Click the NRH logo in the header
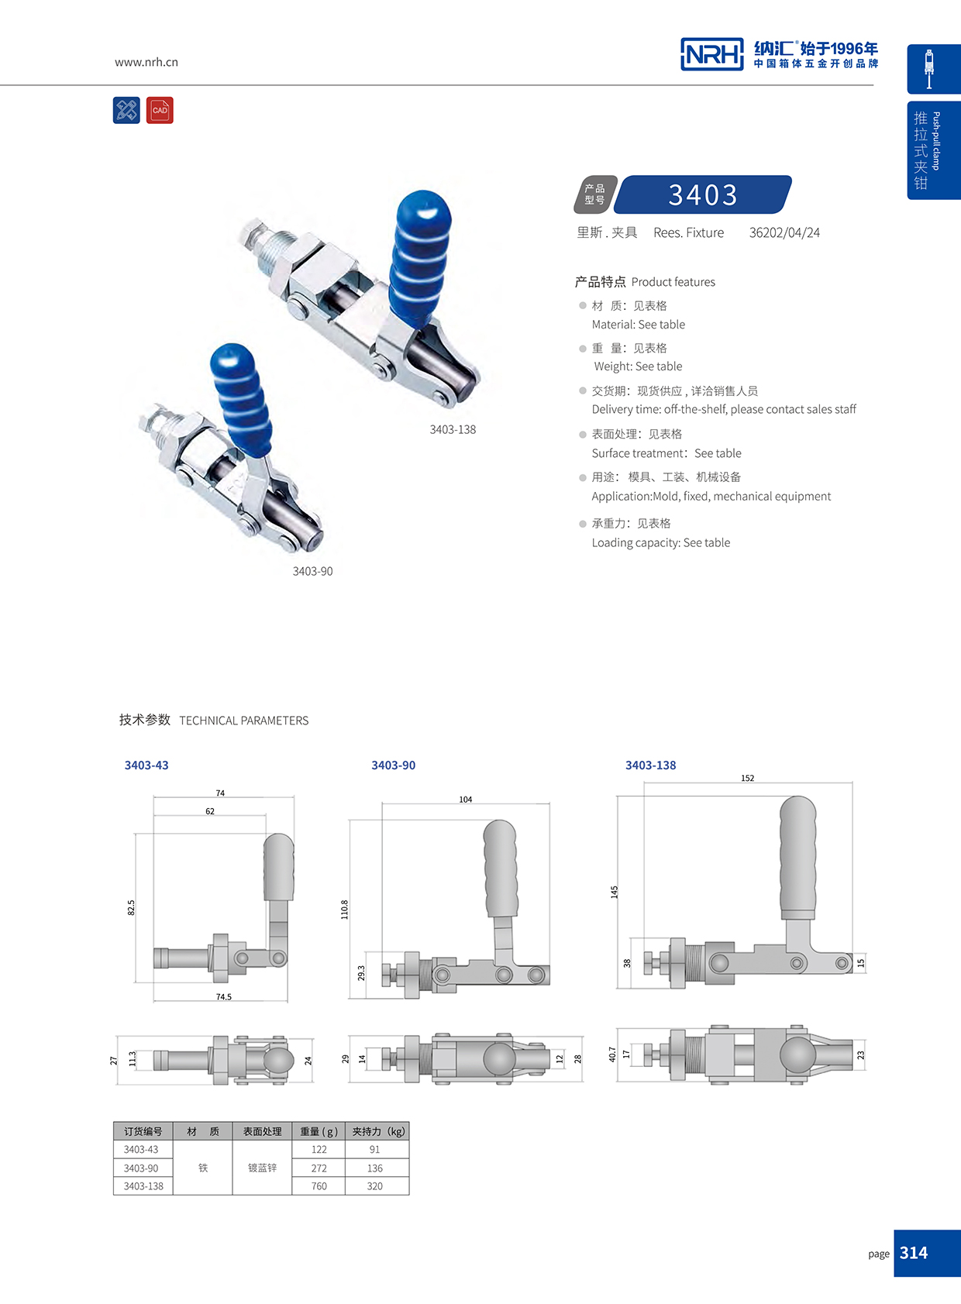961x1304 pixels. click(711, 54)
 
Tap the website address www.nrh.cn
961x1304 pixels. click(146, 62)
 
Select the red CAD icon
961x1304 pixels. click(160, 110)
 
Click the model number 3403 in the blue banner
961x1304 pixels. click(703, 194)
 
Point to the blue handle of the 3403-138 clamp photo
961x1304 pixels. click(419, 256)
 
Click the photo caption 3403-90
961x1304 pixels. click(312, 571)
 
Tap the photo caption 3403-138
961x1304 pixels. click(453, 429)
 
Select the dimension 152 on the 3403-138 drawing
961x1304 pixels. click(747, 778)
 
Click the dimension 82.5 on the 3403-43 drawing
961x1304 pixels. click(131, 907)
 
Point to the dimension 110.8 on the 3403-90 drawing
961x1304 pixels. click(345, 910)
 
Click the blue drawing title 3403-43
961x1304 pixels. click(146, 765)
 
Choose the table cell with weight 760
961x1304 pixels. click(319, 1186)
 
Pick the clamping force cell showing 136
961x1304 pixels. click(375, 1168)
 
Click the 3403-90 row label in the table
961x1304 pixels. click(141, 1168)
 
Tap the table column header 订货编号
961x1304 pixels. click(143, 1131)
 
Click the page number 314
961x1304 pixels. click(914, 1253)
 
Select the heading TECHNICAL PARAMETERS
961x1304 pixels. click(243, 721)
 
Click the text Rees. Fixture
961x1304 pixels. click(688, 232)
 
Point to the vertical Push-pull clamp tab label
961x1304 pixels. click(936, 141)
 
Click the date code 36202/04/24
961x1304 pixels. click(784, 232)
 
